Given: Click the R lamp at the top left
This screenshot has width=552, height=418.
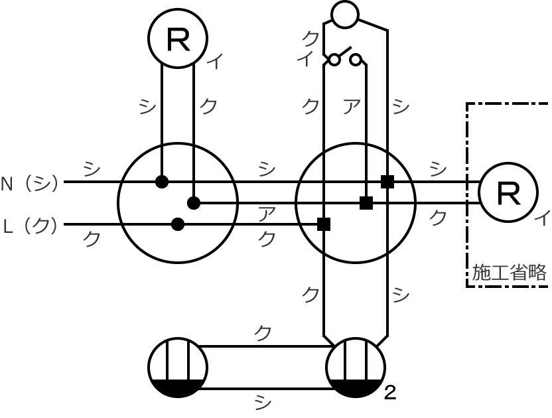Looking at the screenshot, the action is tap(178, 38).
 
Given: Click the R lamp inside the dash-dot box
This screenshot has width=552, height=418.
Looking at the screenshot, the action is tap(508, 192).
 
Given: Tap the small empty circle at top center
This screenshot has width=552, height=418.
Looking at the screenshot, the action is tap(345, 15).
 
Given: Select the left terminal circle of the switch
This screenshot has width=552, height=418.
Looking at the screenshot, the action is tap(334, 60).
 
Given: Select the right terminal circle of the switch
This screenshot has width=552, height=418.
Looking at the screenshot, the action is tap(356, 60).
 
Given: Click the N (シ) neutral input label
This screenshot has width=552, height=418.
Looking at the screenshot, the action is tap(30, 184).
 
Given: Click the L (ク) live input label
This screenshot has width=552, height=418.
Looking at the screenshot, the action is tap(31, 226).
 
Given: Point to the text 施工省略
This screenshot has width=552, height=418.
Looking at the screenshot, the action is tap(509, 272).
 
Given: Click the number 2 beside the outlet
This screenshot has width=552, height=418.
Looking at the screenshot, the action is tap(390, 393).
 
